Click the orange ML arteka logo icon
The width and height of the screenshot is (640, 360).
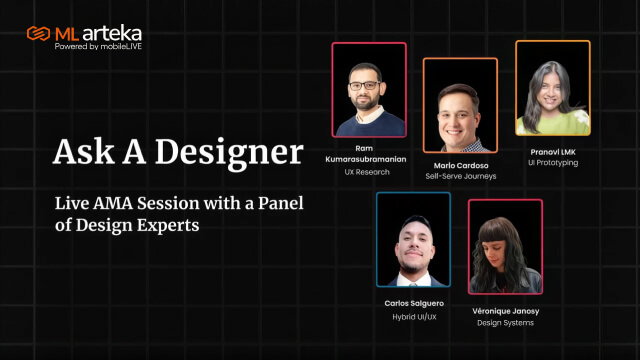[38, 33]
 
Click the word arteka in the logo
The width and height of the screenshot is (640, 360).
[114, 33]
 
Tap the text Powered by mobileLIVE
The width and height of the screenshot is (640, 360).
[98, 47]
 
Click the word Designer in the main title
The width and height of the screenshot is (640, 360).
[229, 153]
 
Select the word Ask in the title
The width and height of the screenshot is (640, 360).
[84, 152]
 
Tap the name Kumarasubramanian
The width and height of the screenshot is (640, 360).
[366, 159]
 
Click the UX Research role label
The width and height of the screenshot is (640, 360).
[367, 172]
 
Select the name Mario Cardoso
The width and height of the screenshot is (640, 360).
[461, 165]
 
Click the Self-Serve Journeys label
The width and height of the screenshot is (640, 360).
[461, 176]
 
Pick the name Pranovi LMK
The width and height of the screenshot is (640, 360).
[553, 152]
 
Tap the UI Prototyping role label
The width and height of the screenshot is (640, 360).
[553, 163]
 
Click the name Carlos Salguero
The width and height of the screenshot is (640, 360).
[414, 303]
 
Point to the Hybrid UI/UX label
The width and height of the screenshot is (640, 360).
[414, 317]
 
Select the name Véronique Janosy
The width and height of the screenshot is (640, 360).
[506, 311]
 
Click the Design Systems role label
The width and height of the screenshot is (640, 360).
[506, 323]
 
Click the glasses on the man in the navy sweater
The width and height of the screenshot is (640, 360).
[364, 86]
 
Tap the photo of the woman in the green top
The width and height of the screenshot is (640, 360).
[553, 88]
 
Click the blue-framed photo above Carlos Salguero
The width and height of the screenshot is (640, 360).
[413, 240]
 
